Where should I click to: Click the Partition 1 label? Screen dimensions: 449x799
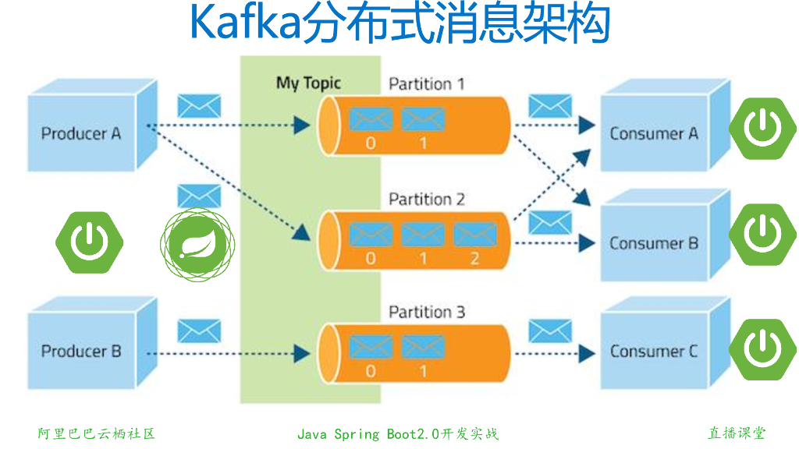(427, 83)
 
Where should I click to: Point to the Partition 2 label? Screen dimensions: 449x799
(427, 199)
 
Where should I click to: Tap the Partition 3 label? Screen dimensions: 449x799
(427, 313)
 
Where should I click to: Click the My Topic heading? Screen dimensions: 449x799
(308, 83)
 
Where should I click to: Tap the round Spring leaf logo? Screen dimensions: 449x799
(198, 242)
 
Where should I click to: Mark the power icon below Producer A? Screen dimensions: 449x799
(90, 242)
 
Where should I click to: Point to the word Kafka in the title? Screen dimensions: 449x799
(244, 25)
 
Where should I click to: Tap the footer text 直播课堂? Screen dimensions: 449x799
(737, 433)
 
